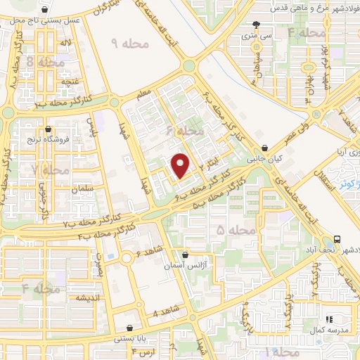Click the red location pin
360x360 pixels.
coord(181,165)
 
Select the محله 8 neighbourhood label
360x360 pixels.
coord(45,63)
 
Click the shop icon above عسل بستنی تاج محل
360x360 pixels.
coord(46,11)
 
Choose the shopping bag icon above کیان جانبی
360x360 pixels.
coord(264,148)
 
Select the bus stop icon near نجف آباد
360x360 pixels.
coord(338,240)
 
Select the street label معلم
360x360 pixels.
coord(144,91)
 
